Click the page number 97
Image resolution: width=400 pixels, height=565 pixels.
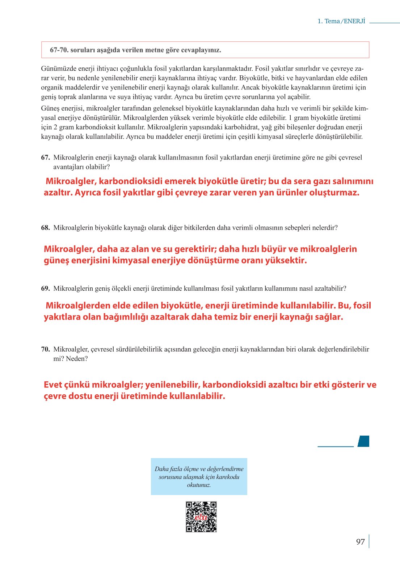[x=360, y=542]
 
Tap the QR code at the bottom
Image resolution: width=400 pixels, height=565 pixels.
[x=201, y=516]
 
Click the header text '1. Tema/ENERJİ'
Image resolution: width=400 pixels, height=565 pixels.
[x=341, y=21]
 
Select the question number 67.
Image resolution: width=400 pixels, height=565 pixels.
[x=45, y=158]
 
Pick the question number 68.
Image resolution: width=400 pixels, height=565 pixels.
[x=45, y=228]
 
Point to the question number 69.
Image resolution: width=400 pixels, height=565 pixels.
[x=45, y=288]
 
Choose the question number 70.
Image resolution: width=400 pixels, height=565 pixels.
[x=45, y=349]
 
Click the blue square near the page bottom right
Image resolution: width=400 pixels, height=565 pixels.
[x=363, y=441]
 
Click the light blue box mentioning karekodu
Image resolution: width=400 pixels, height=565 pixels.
[x=199, y=477]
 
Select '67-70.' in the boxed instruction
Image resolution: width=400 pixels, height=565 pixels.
[x=59, y=50]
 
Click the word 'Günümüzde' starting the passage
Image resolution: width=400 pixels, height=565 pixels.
[x=56, y=68]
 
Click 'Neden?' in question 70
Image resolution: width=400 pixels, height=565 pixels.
[x=77, y=359]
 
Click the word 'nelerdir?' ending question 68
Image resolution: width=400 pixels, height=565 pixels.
[x=325, y=228]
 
